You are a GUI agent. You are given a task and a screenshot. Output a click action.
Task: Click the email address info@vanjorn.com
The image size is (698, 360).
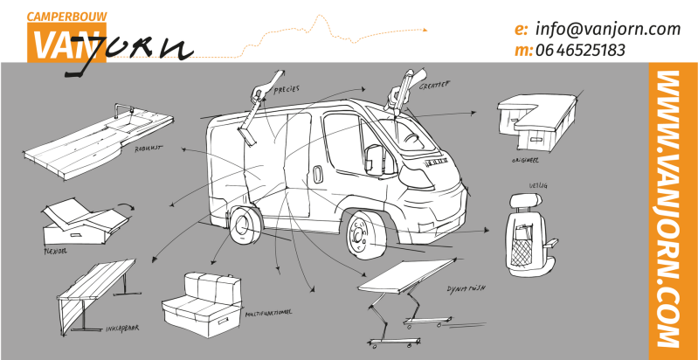(607, 29)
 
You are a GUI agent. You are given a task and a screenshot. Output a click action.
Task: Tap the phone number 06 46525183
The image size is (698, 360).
(581, 50)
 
